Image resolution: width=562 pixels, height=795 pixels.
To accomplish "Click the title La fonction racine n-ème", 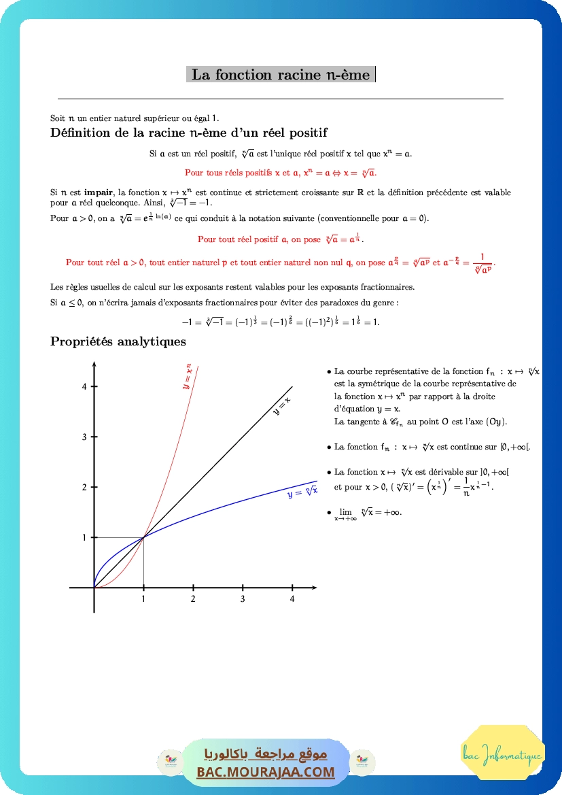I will (281, 75).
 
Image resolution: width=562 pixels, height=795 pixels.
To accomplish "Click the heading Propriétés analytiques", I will (118, 341).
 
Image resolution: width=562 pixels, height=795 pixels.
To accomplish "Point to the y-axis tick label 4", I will (85, 386).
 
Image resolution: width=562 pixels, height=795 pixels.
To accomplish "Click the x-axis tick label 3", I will (243, 599).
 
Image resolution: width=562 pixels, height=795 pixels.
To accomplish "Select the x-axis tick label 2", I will (193, 599).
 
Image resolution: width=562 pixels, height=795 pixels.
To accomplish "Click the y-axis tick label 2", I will (85, 487).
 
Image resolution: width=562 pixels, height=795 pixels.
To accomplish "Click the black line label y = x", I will (281, 406).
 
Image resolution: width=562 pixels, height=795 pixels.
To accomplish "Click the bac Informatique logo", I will (502, 755).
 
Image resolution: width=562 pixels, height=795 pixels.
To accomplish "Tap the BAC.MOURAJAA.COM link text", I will (266, 772).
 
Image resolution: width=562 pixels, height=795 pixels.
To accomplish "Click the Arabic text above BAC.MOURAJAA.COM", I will (266, 754).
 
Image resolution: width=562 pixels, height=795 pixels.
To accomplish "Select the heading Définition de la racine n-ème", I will (189, 133).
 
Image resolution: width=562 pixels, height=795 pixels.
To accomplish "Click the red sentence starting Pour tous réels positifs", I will (281, 173).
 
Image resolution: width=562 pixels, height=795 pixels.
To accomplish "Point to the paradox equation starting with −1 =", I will (281, 322).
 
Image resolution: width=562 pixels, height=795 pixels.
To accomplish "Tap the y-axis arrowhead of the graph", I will (94, 368).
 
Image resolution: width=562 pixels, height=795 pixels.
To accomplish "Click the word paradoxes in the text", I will (338, 302).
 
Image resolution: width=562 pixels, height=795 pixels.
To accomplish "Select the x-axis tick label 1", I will (143, 599).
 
